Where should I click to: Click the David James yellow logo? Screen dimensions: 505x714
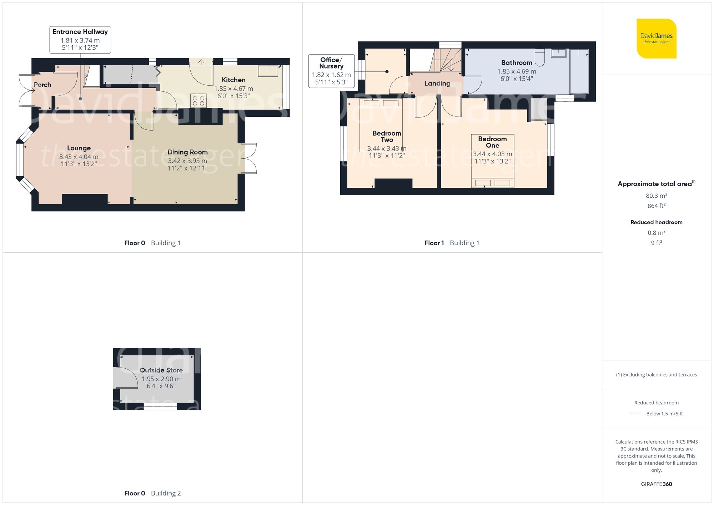[656, 38]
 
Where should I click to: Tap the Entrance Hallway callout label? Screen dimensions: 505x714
[80, 40]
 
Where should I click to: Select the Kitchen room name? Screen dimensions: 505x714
[233, 80]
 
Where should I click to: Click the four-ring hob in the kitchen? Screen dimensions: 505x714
[198, 100]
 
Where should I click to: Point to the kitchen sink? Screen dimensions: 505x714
[268, 71]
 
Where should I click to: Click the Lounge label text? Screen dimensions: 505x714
[79, 148]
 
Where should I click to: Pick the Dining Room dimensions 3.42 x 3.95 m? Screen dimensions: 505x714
[187, 161]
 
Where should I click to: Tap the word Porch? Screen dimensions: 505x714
[42, 85]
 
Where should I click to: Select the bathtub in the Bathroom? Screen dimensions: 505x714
[579, 71]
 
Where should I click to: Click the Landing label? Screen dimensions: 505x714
[437, 84]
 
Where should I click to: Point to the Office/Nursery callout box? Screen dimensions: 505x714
[331, 71]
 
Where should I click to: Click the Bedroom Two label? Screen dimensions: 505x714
[387, 136]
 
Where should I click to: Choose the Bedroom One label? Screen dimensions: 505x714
[492, 142]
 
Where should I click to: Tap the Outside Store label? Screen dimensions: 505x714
[161, 370]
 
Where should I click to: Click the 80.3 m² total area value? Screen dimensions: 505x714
[656, 196]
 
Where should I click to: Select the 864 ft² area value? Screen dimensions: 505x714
[656, 206]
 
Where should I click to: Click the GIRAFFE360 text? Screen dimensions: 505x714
[656, 484]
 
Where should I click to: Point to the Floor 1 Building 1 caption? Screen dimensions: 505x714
[452, 243]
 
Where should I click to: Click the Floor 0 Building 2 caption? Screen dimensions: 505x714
[152, 493]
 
